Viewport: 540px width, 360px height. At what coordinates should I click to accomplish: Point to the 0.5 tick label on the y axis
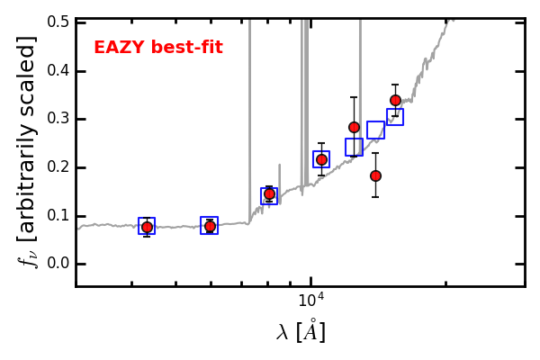click(x=58, y=22)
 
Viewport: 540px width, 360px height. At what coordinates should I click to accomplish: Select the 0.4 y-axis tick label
click(x=58, y=71)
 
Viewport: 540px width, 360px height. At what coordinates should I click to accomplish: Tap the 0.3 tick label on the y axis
click(x=58, y=120)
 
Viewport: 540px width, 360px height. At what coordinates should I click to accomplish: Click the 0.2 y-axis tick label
click(x=58, y=167)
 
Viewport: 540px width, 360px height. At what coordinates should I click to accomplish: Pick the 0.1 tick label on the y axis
click(x=58, y=216)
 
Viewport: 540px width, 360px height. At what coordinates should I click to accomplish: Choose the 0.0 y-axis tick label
click(x=58, y=264)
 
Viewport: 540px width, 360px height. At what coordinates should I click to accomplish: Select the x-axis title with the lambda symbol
click(x=301, y=332)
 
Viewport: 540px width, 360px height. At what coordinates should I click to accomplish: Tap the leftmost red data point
click(x=147, y=227)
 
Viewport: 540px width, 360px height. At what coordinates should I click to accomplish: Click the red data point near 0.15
click(x=269, y=193)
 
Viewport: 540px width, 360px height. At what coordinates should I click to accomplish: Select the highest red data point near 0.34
click(x=395, y=100)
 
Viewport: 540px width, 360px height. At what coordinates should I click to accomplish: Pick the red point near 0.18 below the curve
click(x=375, y=175)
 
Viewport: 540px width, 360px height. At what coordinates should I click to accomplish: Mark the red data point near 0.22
click(x=321, y=159)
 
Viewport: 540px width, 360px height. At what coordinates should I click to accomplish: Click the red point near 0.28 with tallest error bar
click(x=354, y=127)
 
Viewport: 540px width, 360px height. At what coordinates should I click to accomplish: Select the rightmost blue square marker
click(x=395, y=117)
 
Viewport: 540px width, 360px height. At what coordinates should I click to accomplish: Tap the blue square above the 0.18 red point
click(x=375, y=130)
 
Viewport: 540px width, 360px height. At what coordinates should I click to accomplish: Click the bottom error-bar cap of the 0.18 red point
click(x=375, y=197)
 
